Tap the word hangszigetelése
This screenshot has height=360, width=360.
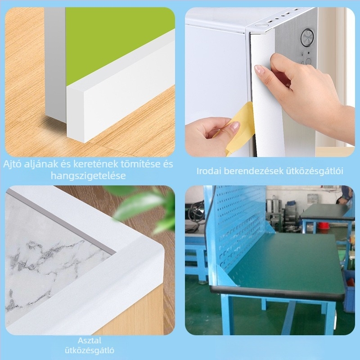(x=88, y=175)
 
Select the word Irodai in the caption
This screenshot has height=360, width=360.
(x=209, y=171)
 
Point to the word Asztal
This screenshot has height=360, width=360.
(x=90, y=340)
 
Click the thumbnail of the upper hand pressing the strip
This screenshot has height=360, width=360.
(x=260, y=70)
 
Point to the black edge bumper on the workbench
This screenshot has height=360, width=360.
(x=275, y=293)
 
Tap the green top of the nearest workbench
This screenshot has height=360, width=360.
(x=287, y=262)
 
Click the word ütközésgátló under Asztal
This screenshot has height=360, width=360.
(x=90, y=351)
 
